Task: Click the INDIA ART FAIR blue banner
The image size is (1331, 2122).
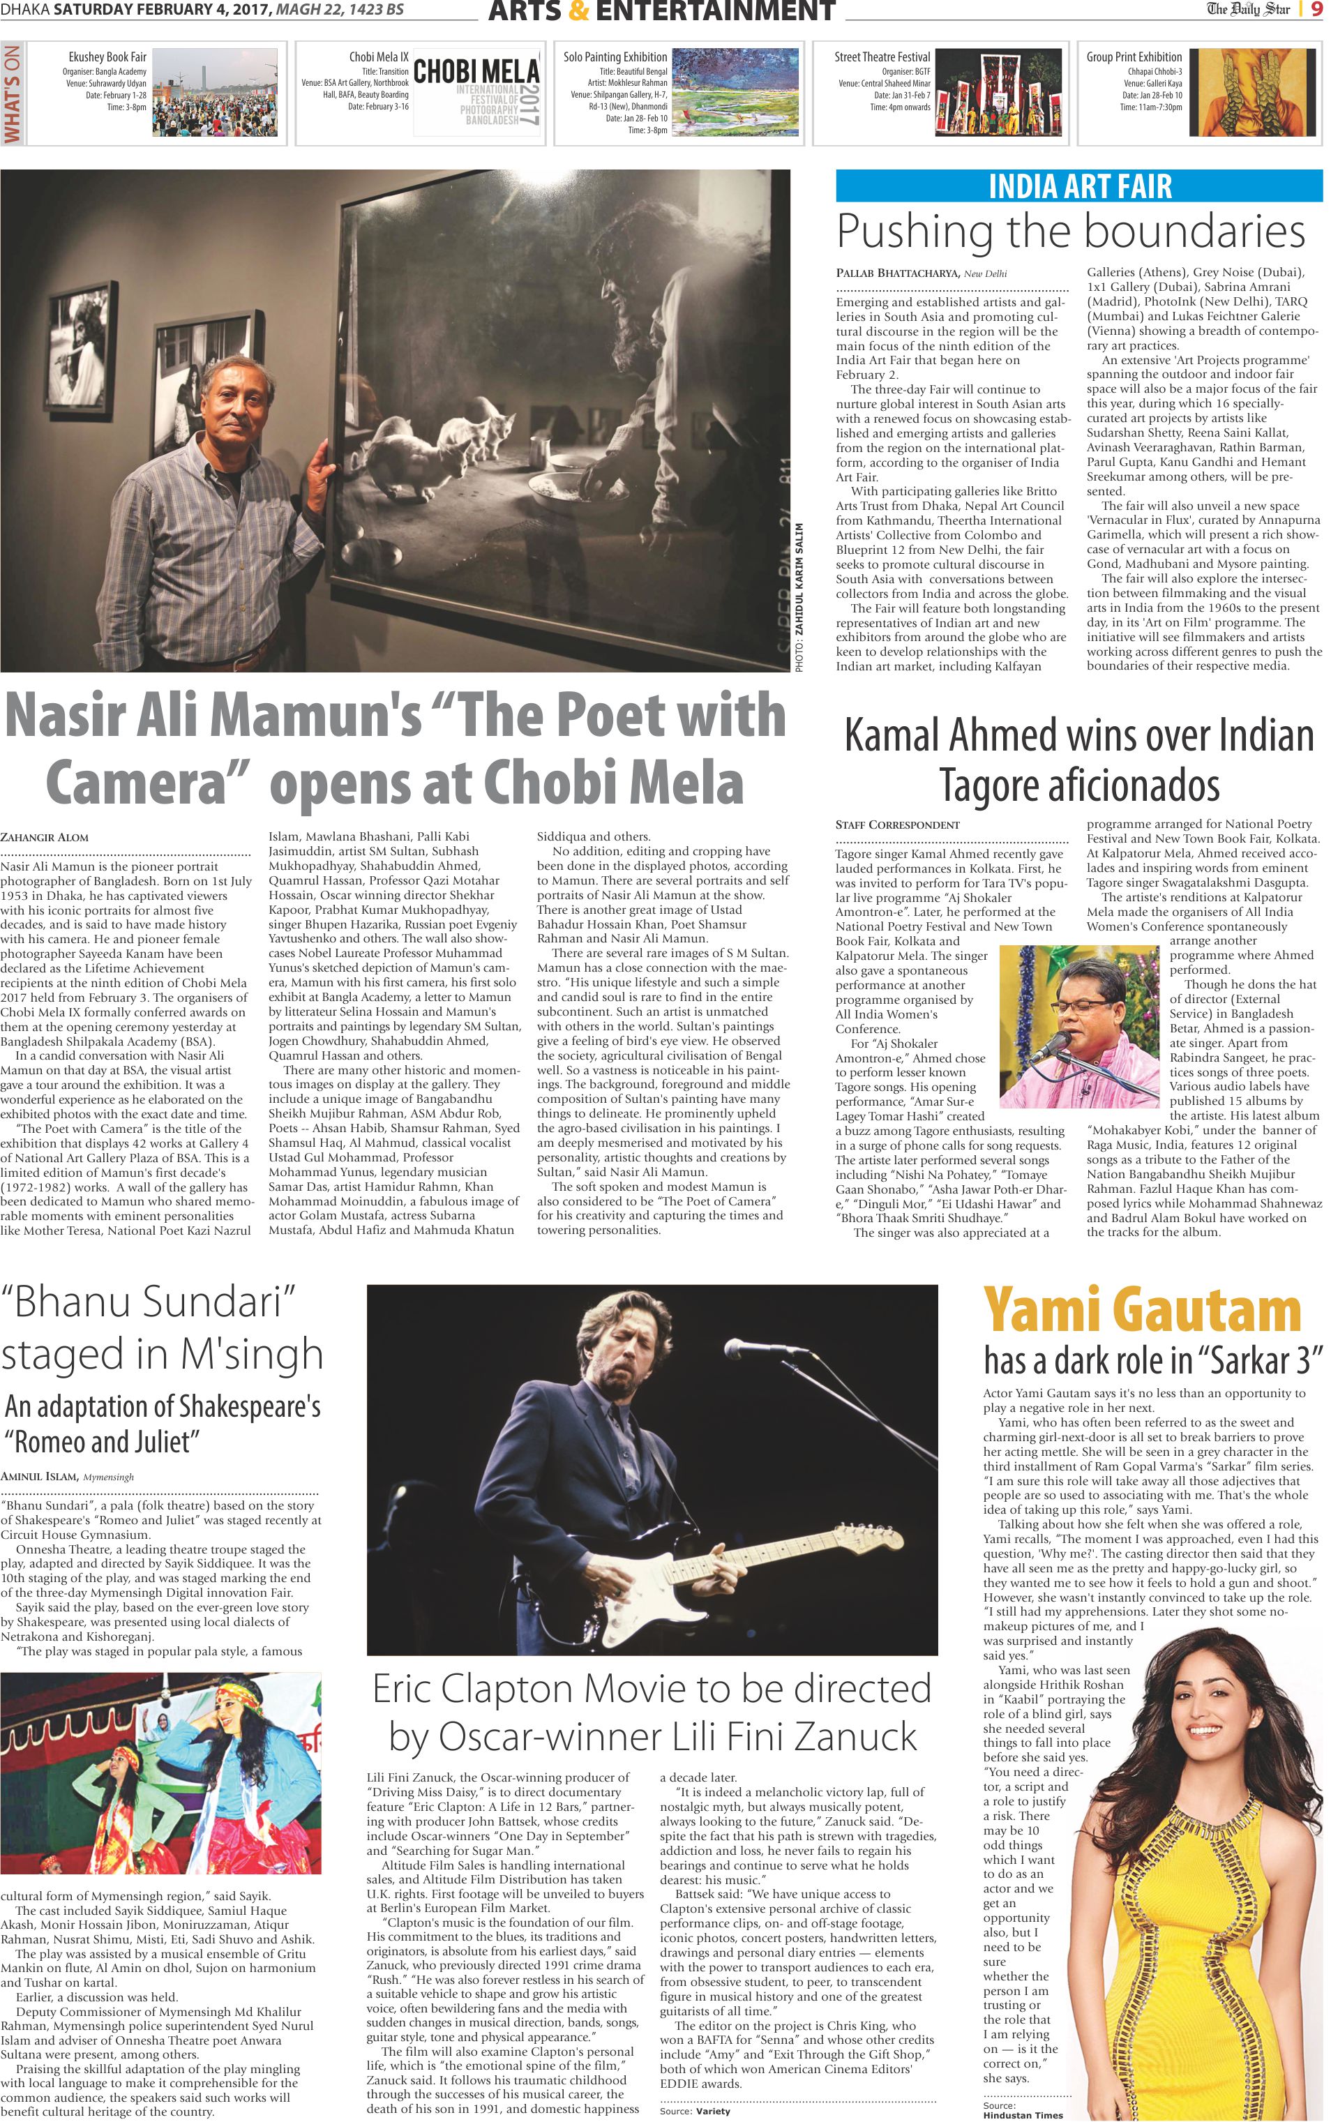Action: [1079, 186]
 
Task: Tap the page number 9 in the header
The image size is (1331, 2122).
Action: [1314, 10]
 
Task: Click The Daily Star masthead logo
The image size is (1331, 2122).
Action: [1247, 10]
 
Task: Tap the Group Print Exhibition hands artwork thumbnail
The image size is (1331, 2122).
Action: [1251, 92]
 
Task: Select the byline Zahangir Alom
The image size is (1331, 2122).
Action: [44, 837]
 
